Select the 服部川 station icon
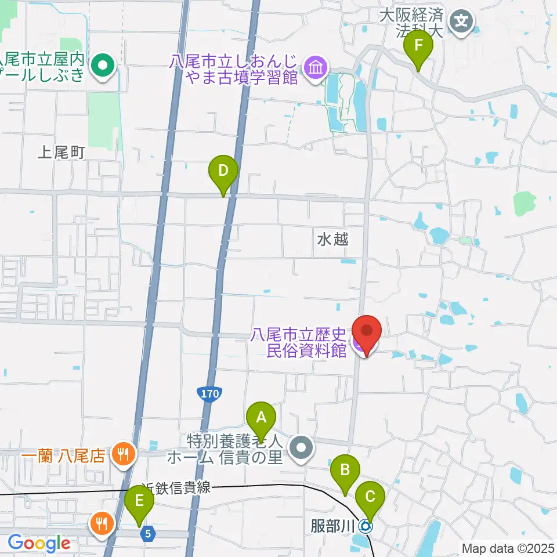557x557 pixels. (x=366, y=526)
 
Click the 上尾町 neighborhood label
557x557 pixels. (x=61, y=153)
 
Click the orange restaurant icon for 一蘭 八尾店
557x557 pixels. (x=122, y=453)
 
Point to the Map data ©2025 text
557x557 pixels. (x=508, y=548)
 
